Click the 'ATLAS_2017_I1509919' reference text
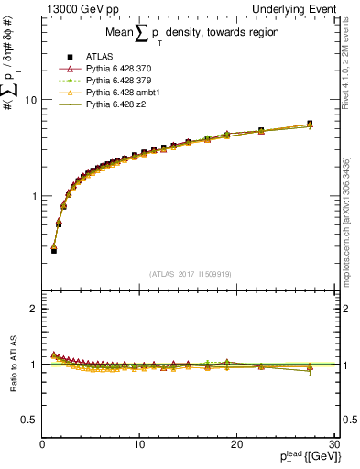tap(189, 274)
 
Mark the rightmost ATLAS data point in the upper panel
tap(310, 124)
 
